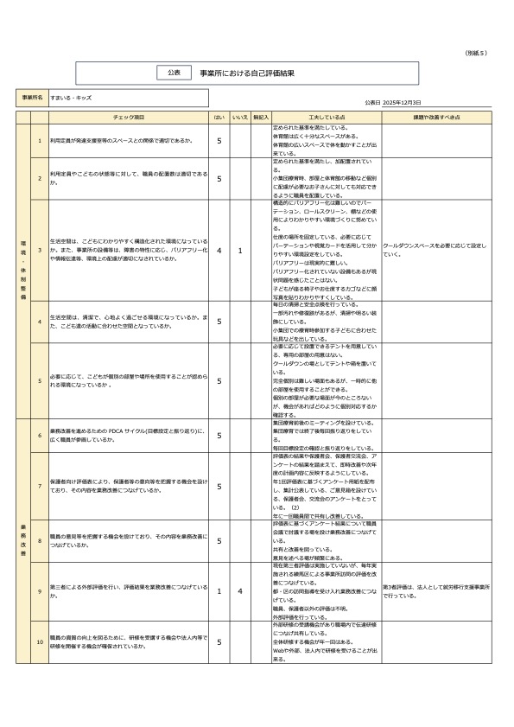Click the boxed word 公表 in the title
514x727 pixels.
pos(174,73)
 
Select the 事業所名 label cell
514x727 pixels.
pos(33,98)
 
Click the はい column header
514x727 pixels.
pos(219,116)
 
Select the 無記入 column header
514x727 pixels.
pos(261,116)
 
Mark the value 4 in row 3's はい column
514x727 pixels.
pos(219,251)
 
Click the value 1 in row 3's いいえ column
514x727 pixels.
pos(240,251)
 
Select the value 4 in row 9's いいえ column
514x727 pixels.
pos(240,591)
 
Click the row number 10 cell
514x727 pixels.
pos(40,642)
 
